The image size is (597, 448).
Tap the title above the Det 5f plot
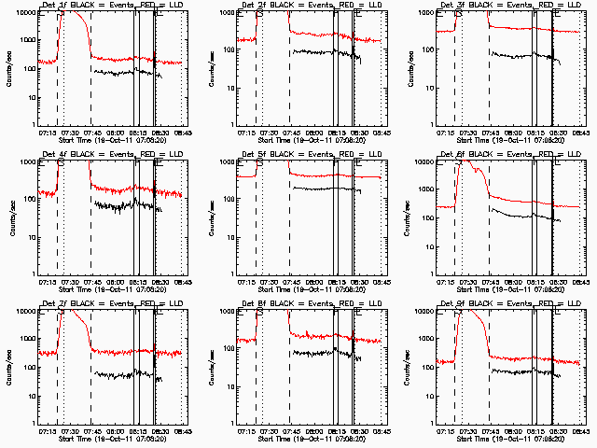click(309, 155)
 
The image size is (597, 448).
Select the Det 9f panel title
click(508, 304)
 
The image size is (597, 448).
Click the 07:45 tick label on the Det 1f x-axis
click(91, 133)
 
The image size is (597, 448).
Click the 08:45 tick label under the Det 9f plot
click(580, 431)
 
